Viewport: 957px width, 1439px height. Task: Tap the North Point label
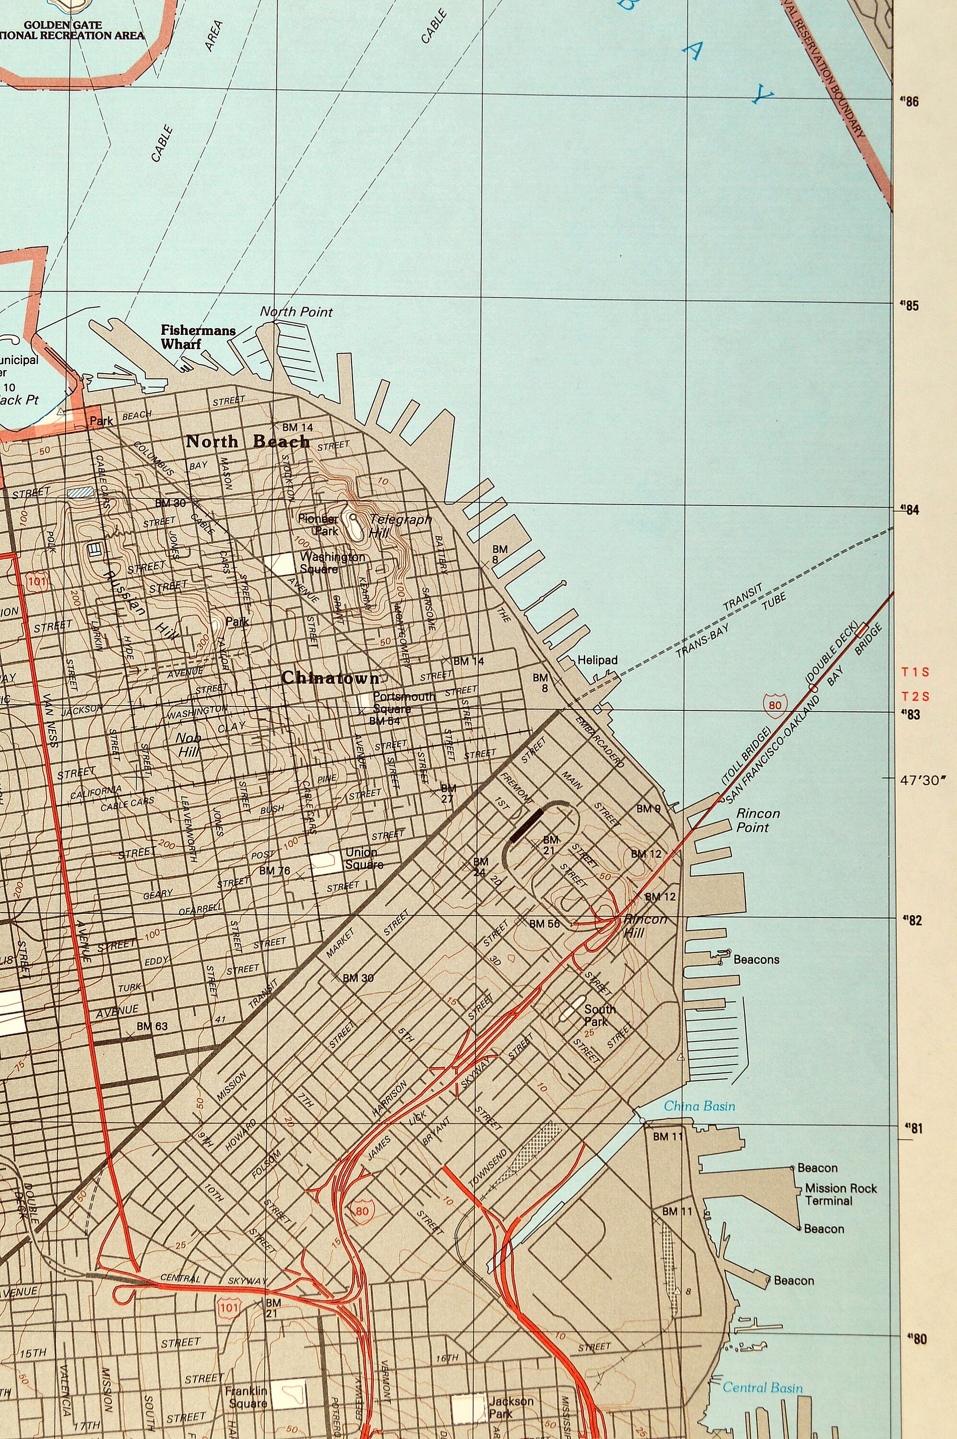pos(296,312)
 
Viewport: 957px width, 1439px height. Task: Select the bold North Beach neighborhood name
pos(247,441)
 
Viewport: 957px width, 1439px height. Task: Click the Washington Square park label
pos(332,563)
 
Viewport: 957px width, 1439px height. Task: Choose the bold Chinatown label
pos(330,678)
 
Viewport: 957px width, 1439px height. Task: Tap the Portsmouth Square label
pos(403,702)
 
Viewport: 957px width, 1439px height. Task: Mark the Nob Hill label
pos(189,745)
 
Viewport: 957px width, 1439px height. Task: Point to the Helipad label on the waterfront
pos(598,661)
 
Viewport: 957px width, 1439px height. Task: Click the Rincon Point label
pos(757,820)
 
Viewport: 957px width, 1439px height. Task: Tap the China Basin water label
pos(699,1106)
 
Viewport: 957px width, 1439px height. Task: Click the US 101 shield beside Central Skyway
pos(230,1307)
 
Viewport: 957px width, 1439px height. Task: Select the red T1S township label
pos(915,672)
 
